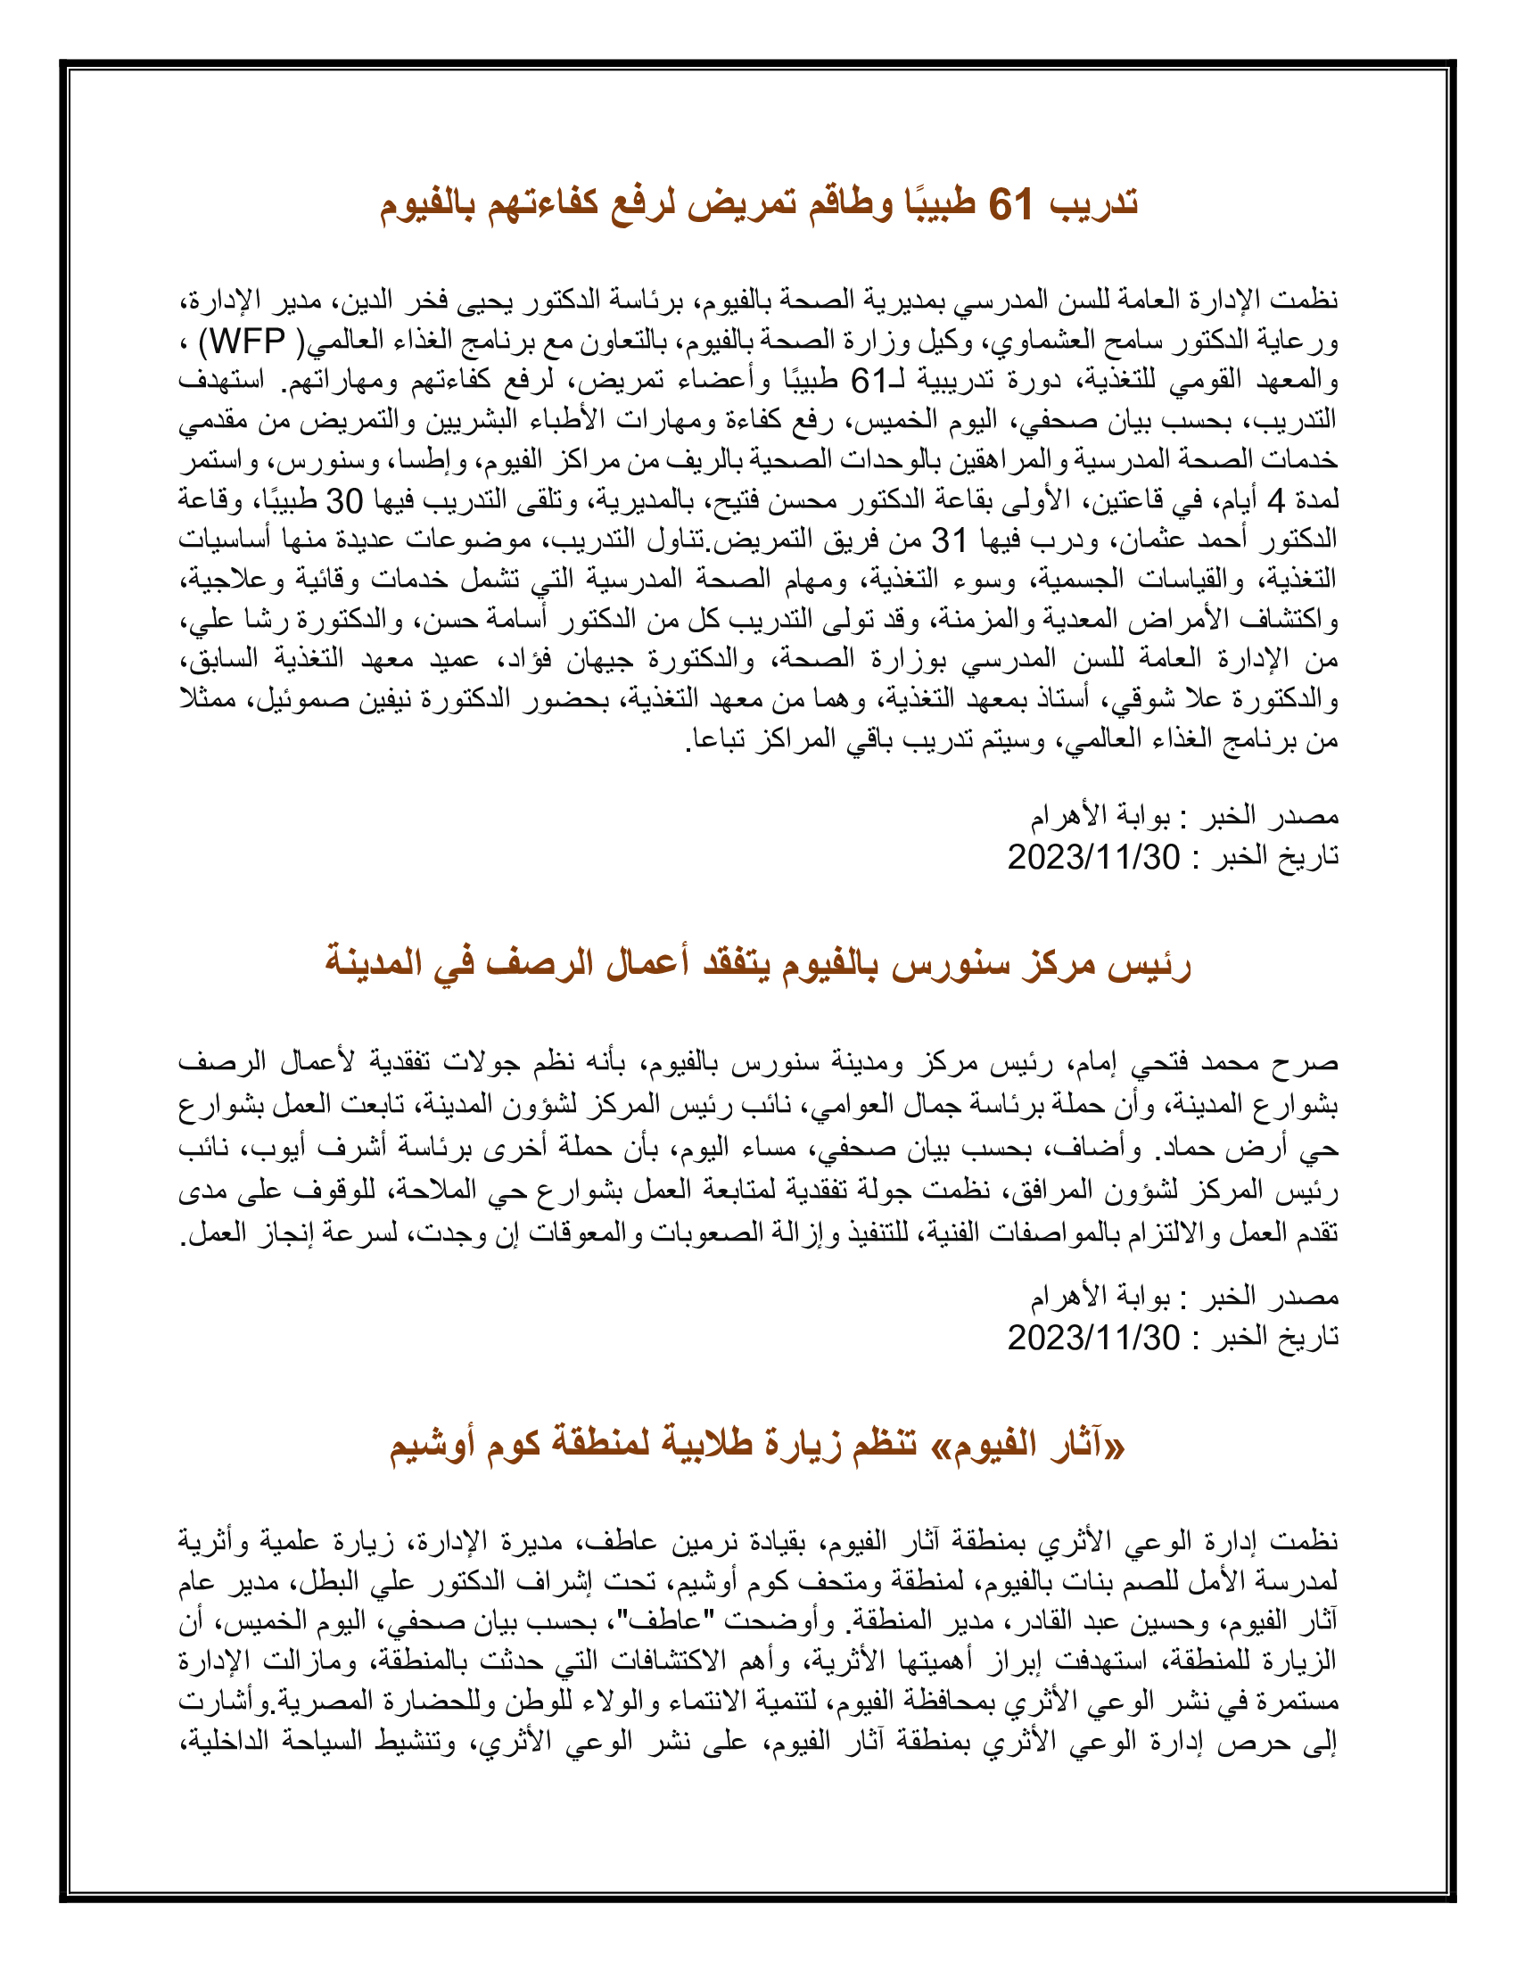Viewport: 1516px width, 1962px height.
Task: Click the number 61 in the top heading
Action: point(1013,205)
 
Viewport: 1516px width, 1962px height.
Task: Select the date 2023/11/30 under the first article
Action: point(1093,857)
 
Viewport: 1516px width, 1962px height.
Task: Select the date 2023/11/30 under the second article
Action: point(1093,1338)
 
